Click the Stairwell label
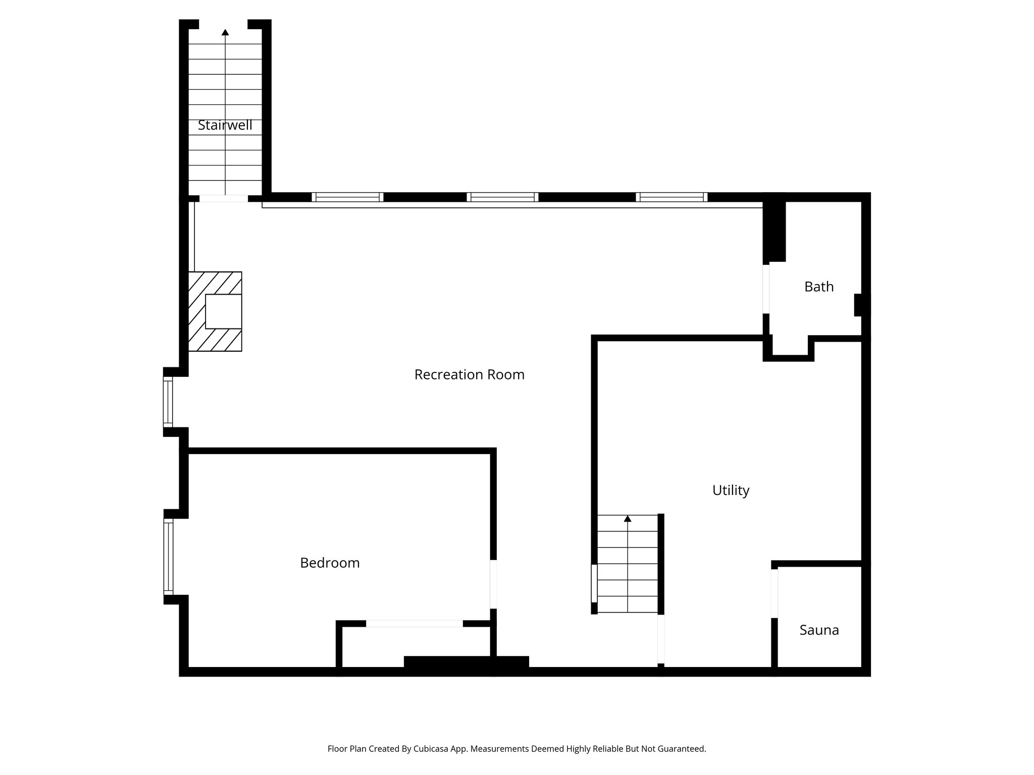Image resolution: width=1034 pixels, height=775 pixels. pyautogui.click(x=225, y=125)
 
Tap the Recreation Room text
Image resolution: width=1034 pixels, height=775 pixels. pyautogui.click(x=469, y=374)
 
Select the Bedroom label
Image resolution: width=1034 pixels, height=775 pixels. pyautogui.click(x=330, y=563)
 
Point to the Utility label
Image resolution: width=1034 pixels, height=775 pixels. pyautogui.click(x=731, y=490)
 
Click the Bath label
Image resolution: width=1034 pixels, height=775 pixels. pyautogui.click(x=818, y=287)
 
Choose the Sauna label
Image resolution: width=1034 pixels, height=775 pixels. pyautogui.click(x=819, y=630)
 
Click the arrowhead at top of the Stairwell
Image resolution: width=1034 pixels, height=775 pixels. pyautogui.click(x=225, y=32)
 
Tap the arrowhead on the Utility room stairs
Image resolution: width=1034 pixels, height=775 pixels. pyautogui.click(x=628, y=518)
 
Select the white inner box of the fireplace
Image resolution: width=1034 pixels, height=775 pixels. pyautogui.click(x=223, y=311)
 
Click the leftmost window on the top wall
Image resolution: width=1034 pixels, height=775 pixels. pyautogui.click(x=347, y=197)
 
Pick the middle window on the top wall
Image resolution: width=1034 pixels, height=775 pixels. pyautogui.click(x=502, y=197)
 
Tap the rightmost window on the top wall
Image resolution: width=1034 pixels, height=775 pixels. pyautogui.click(x=671, y=197)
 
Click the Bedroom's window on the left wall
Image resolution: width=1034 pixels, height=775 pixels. pyautogui.click(x=168, y=557)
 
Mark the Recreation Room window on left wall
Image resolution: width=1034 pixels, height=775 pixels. pyautogui.click(x=168, y=402)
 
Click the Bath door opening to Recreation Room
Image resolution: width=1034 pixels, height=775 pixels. pyautogui.click(x=766, y=289)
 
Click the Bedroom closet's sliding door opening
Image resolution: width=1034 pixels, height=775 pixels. pyautogui.click(x=414, y=624)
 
